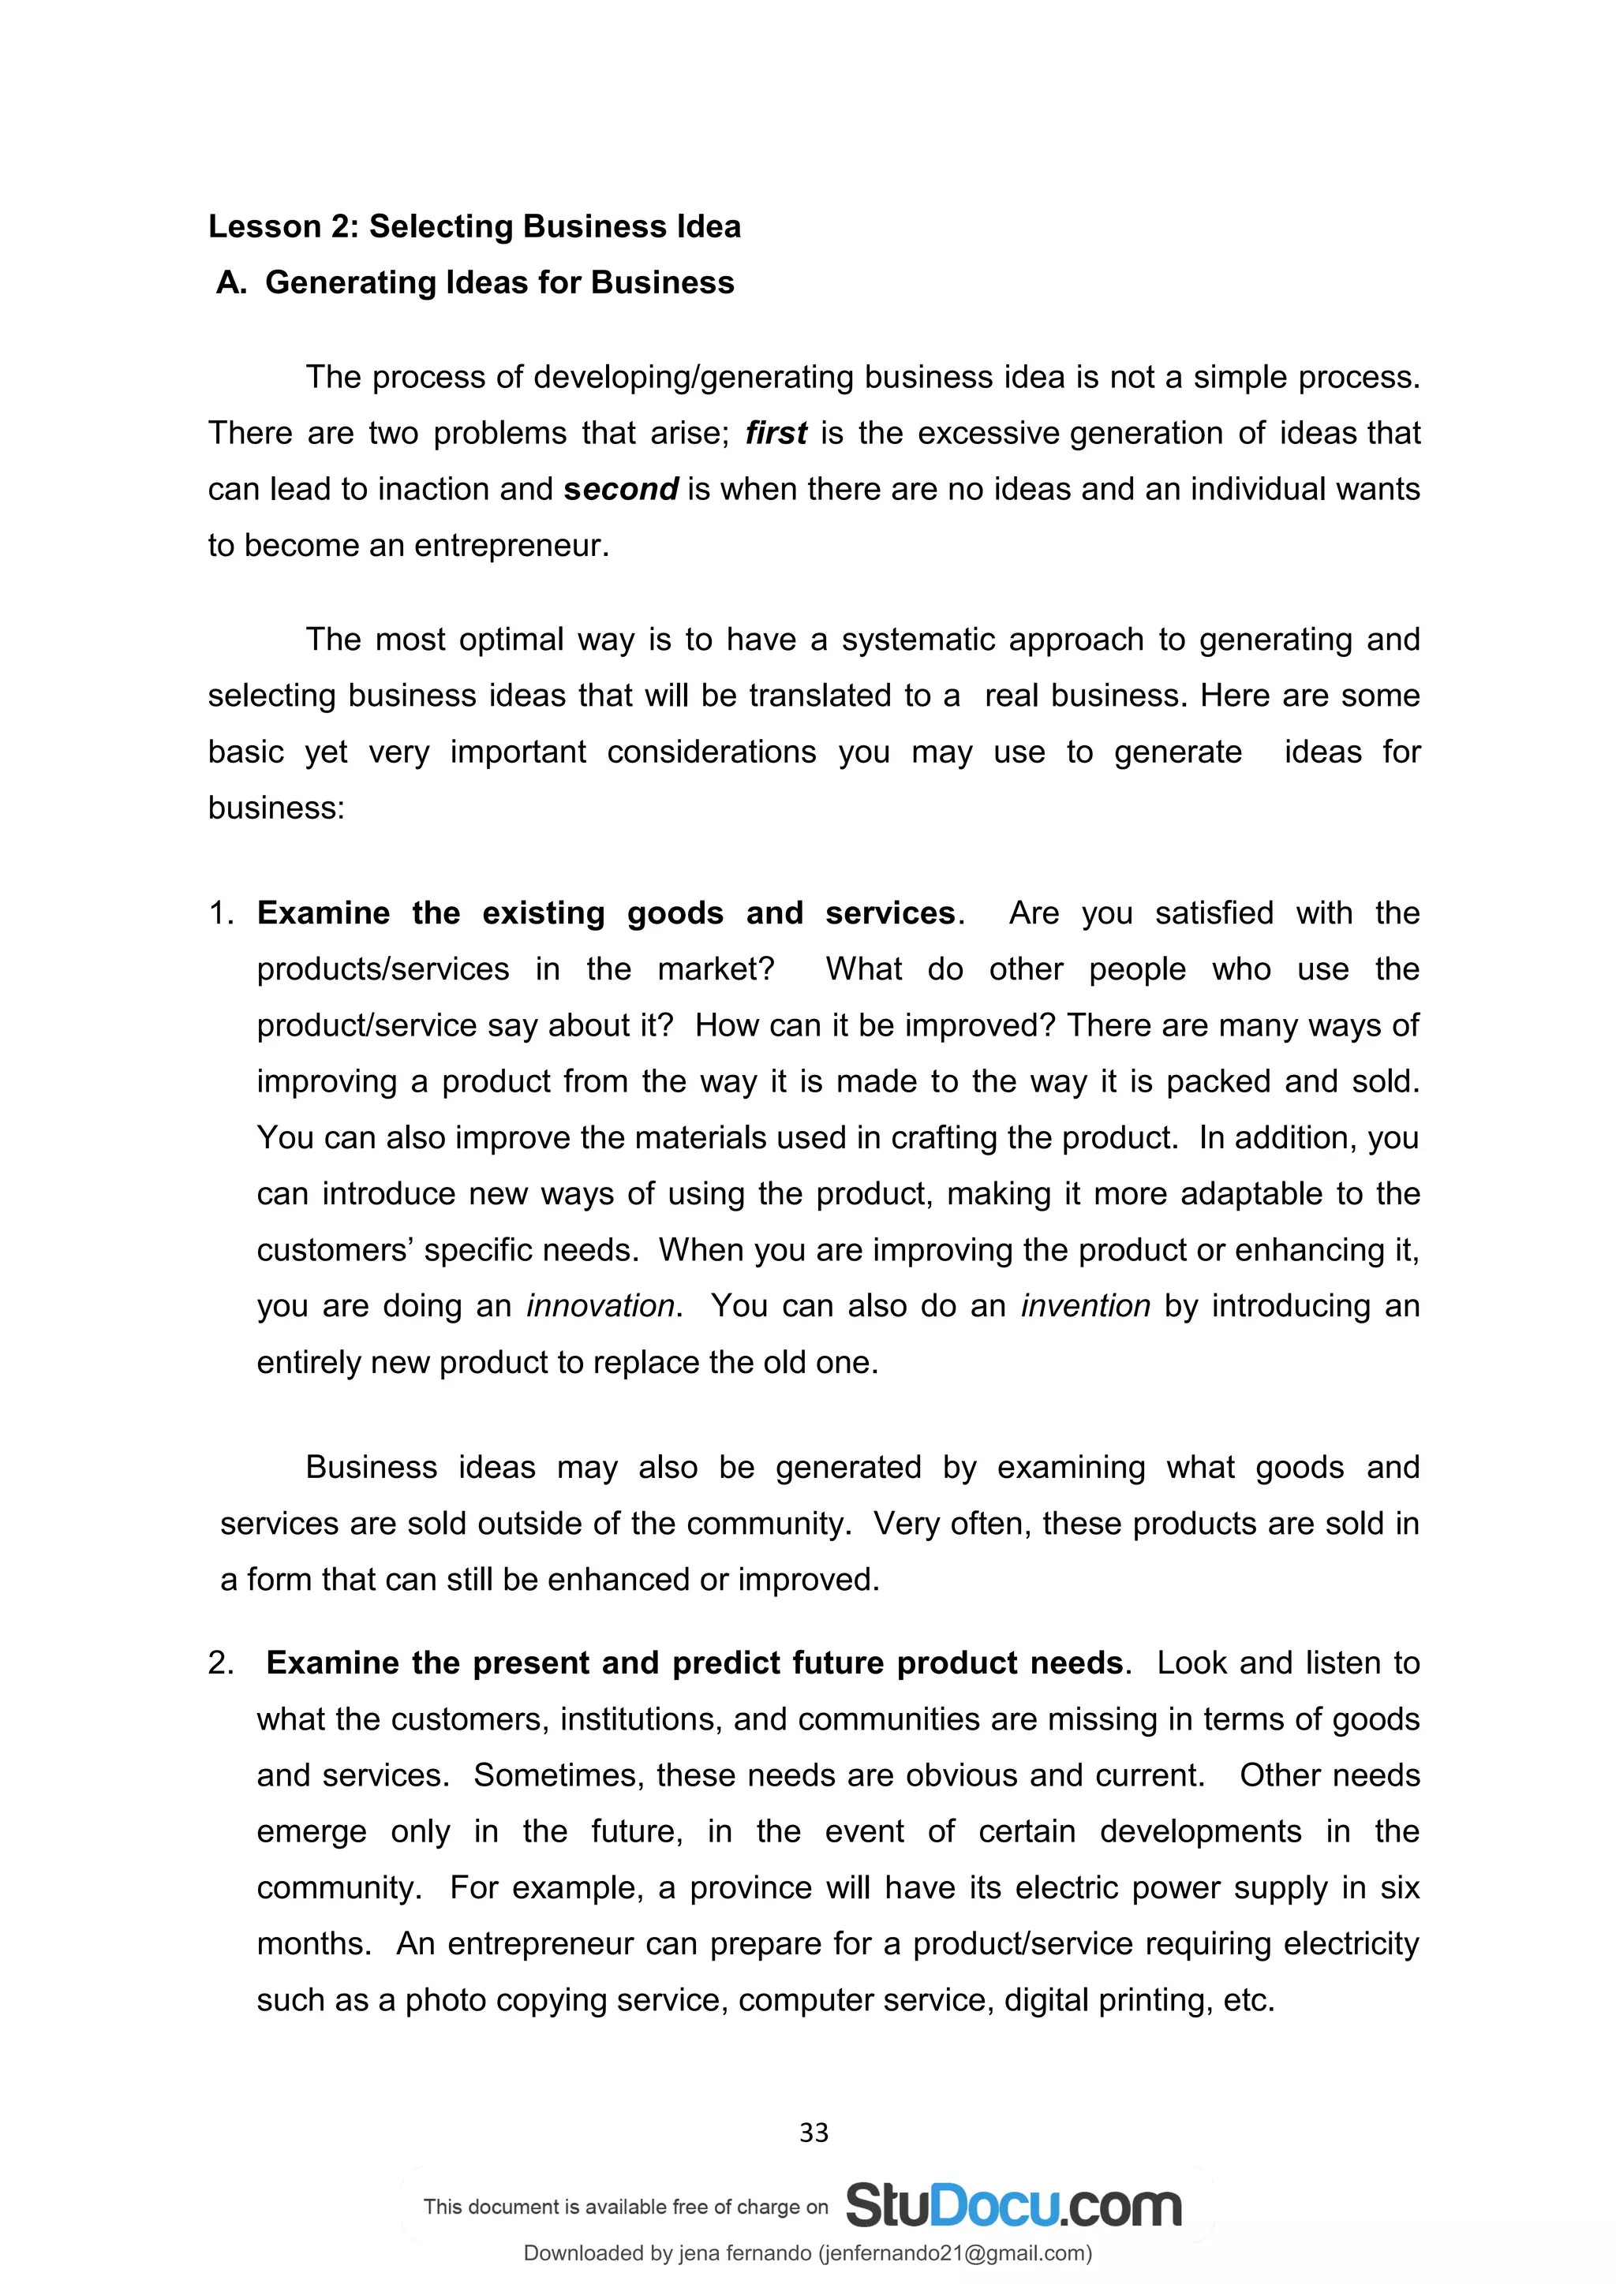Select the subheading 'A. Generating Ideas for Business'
(475, 282)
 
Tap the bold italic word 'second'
(620, 490)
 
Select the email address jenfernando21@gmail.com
(953, 2253)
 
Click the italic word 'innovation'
(600, 1306)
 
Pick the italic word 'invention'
(1085, 1306)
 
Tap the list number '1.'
(220, 913)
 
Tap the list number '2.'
(220, 1663)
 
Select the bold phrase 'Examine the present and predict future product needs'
(694, 1663)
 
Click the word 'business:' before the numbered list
(275, 808)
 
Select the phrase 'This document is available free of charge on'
(625, 2207)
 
